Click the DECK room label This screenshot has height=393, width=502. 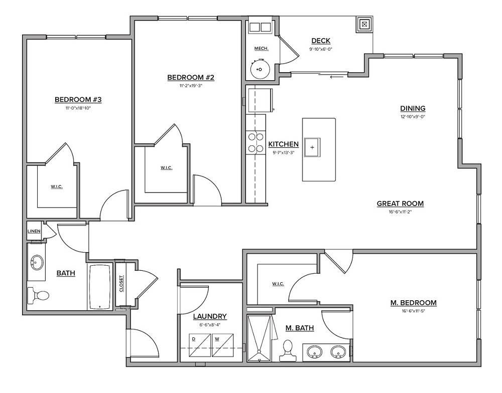(x=321, y=41)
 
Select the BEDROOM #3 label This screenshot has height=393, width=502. (x=78, y=100)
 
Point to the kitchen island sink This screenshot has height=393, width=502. (x=312, y=147)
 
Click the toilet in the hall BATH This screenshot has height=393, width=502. (x=39, y=295)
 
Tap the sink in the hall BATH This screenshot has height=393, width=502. (x=37, y=262)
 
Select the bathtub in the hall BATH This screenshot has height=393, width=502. (x=101, y=287)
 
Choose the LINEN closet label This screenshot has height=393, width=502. (x=34, y=231)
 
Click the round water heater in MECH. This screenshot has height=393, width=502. (x=261, y=69)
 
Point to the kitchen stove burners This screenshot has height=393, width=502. (x=256, y=142)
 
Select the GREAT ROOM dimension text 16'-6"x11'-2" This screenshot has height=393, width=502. (x=400, y=212)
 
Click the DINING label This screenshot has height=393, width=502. (x=413, y=108)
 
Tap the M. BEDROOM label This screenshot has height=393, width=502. (x=413, y=303)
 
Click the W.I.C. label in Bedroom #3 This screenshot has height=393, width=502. (x=56, y=187)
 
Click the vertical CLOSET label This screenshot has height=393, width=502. (x=121, y=284)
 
